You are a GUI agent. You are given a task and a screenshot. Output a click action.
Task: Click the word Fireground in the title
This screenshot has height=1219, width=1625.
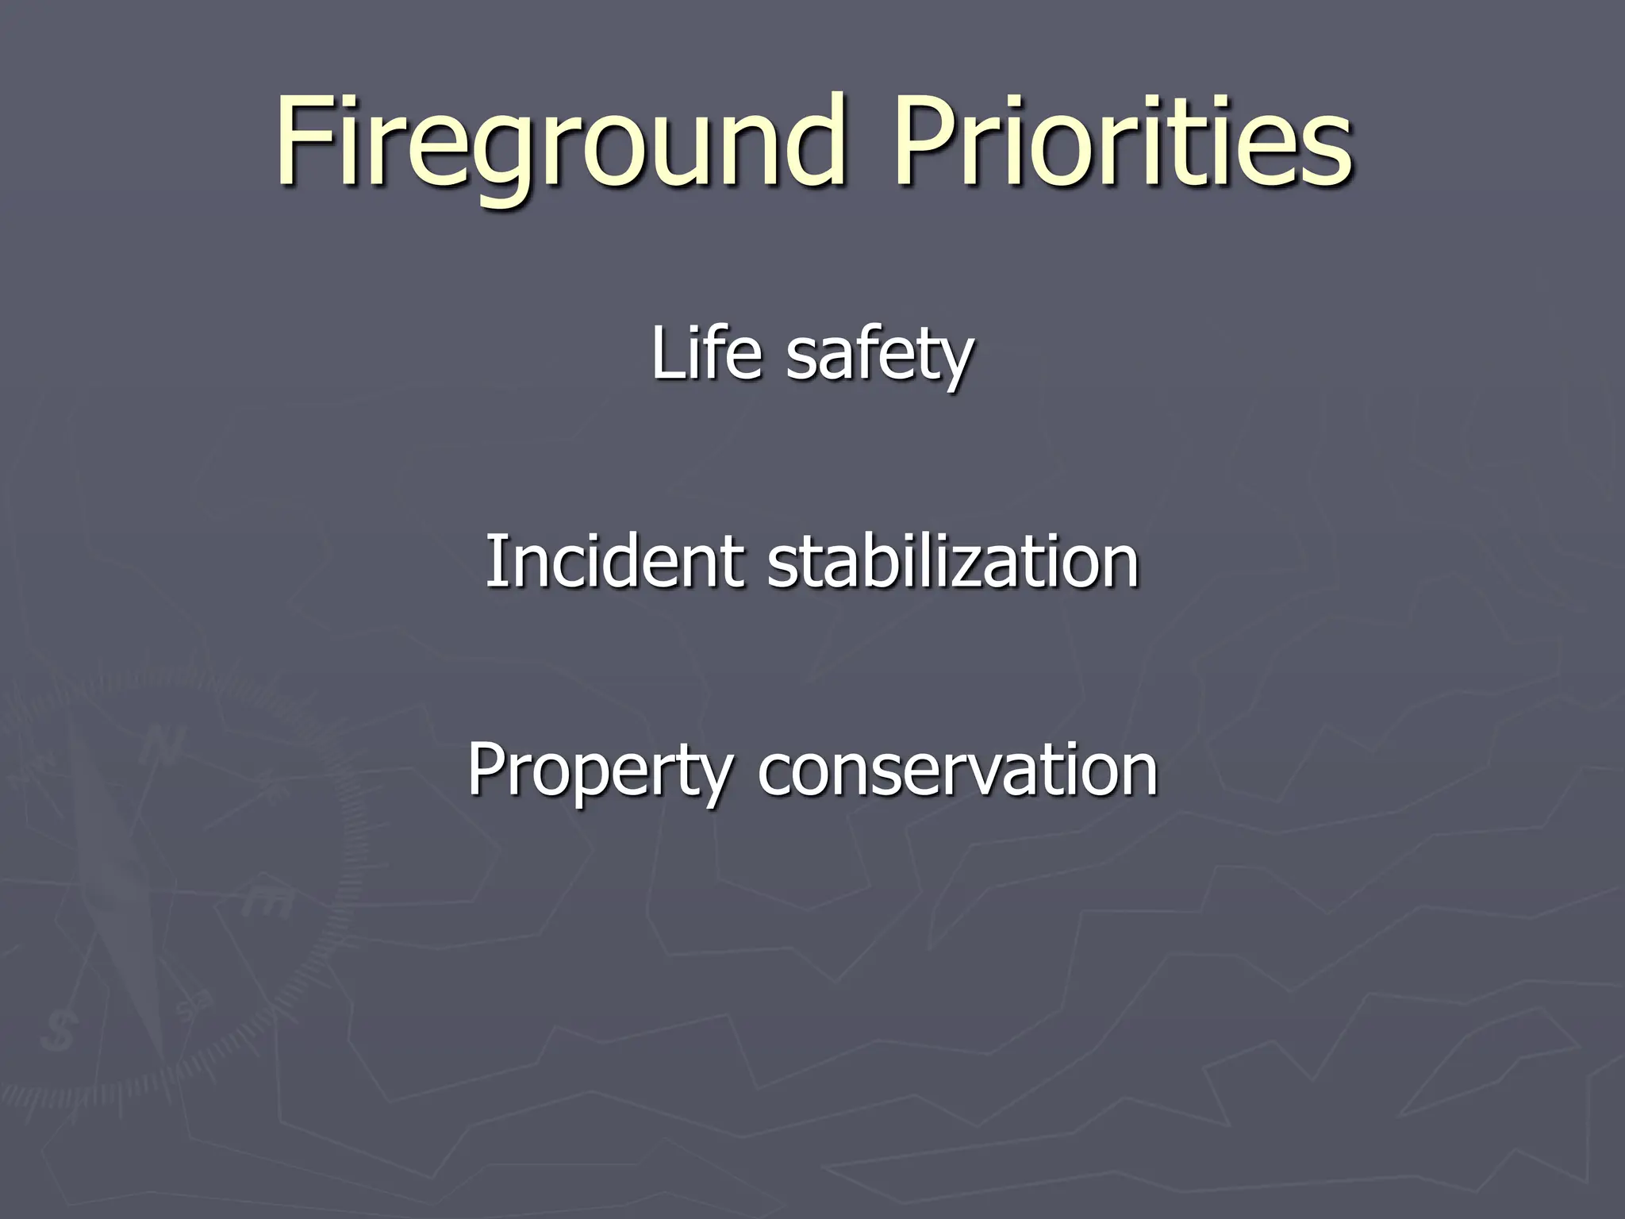click(x=555, y=143)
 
